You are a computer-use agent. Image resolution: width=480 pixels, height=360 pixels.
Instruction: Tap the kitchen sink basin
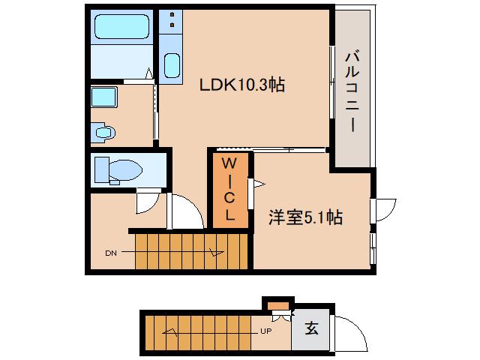pyautogui.click(x=172, y=66)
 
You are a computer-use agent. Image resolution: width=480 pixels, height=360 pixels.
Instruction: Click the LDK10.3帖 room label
pyautogui.click(x=241, y=85)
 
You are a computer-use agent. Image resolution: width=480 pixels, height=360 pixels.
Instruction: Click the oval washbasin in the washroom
pyautogui.click(x=103, y=133)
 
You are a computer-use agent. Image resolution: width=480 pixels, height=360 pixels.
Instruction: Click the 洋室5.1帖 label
pyautogui.click(x=306, y=217)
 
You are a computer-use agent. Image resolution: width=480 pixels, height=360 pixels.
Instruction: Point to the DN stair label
pyautogui.click(x=109, y=253)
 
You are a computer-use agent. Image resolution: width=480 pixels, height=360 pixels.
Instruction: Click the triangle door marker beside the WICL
pyautogui.click(x=260, y=183)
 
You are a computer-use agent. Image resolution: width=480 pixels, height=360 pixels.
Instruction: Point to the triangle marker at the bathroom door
pyautogui.click(x=149, y=73)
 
